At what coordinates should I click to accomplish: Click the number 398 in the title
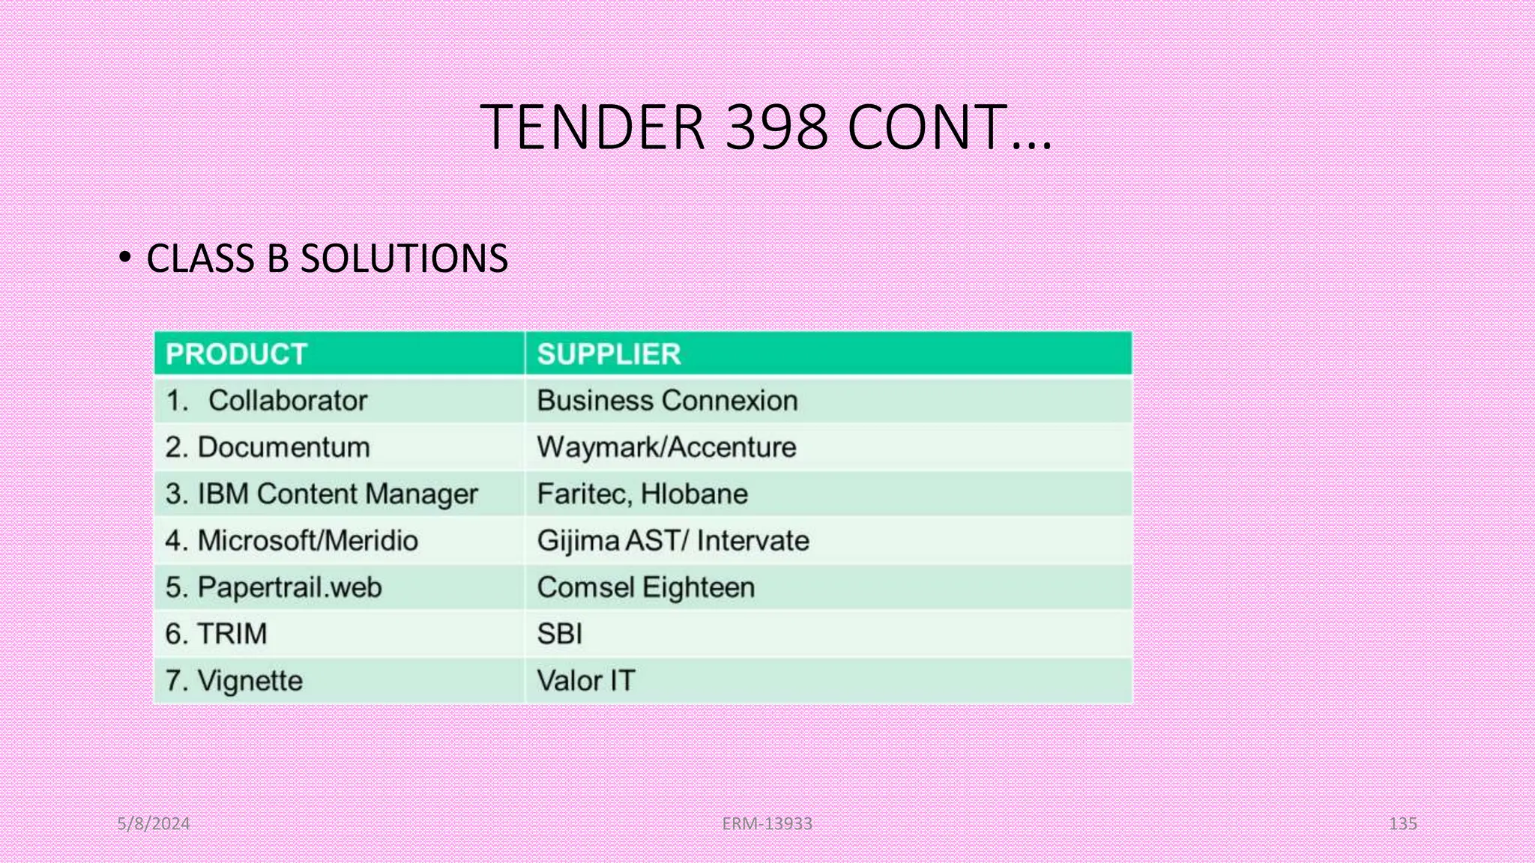tap(776, 127)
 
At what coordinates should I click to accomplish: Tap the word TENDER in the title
tap(592, 127)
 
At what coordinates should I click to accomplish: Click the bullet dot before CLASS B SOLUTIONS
tap(125, 258)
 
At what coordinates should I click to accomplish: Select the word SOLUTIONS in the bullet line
tap(404, 258)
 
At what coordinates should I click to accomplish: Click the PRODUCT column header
tap(236, 354)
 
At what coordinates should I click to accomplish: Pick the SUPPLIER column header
tap(609, 354)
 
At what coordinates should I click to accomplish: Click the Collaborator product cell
tap(288, 401)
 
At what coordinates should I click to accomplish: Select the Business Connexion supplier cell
tap(667, 401)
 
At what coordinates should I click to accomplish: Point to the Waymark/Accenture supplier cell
tap(666, 447)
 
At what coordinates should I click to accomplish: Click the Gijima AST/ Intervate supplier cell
tap(672, 541)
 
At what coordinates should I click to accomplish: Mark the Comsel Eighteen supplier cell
tap(645, 587)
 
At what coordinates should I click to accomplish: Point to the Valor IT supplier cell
tap(585, 681)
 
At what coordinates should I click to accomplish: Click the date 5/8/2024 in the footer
tap(154, 824)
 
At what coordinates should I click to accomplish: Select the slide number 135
tap(1402, 824)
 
